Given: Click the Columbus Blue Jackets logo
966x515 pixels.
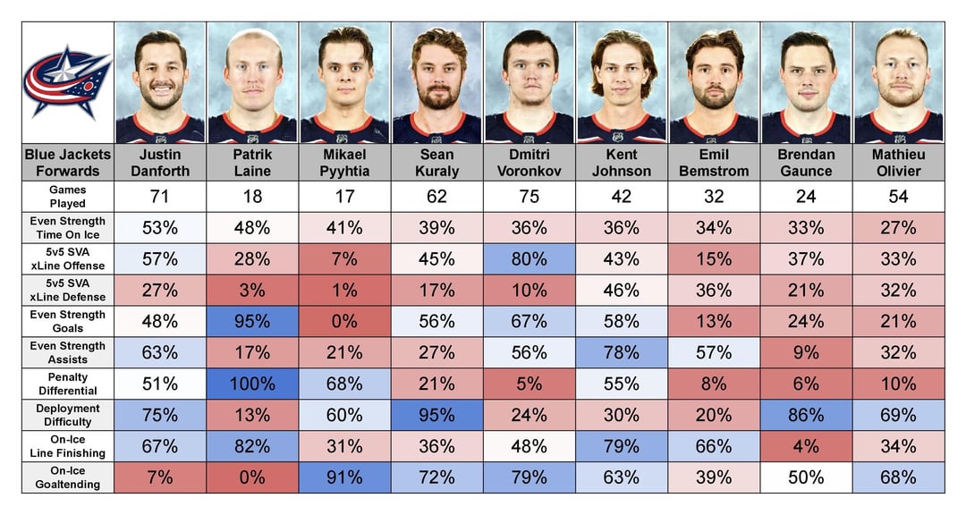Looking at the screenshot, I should [x=68, y=82].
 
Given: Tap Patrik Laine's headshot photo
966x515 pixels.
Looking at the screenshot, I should [x=252, y=82].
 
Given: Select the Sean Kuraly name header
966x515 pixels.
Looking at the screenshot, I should [x=436, y=163].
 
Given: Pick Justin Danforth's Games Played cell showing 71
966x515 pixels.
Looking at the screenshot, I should [x=160, y=196].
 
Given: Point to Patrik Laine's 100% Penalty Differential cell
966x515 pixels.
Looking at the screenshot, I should [x=252, y=384].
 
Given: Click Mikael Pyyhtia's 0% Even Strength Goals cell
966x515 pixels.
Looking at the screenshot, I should [x=344, y=321].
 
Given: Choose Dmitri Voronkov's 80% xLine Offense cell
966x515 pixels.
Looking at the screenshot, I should [x=529, y=258].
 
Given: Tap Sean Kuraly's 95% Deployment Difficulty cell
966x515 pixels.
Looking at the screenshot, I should [x=436, y=415].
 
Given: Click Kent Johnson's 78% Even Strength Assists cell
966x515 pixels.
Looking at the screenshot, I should [x=621, y=352].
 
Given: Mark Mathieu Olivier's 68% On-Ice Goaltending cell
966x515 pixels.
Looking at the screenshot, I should [x=898, y=477].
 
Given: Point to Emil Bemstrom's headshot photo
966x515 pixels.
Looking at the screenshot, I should [x=713, y=82].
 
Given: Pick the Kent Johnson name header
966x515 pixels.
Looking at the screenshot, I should [x=621, y=163].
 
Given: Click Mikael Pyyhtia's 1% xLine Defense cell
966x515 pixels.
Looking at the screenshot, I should [x=344, y=290].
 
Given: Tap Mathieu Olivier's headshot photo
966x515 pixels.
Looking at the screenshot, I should [x=898, y=82].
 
